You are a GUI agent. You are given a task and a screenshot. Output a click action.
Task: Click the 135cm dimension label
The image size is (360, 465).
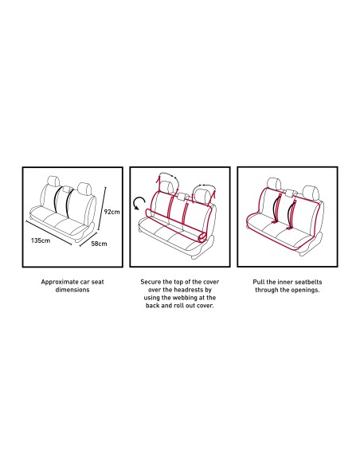[x=41, y=240]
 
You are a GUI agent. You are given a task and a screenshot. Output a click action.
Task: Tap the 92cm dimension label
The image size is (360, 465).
[x=112, y=212]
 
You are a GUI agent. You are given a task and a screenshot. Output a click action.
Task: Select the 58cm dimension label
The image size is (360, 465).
[x=99, y=244]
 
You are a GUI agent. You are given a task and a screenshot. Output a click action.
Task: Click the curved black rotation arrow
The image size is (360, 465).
[x=139, y=203]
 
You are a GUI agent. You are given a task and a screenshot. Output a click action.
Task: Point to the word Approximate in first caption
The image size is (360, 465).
[x=60, y=282]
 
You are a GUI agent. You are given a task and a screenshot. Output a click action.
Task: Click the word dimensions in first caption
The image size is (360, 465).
[x=72, y=290]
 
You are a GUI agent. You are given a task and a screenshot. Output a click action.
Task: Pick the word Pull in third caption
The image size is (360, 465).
[x=259, y=282]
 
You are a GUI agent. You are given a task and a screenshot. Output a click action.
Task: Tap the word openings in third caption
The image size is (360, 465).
[x=305, y=290]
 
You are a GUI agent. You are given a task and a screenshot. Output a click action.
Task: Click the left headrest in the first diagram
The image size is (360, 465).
[x=53, y=182]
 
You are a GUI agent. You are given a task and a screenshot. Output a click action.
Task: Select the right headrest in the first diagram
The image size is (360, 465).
[x=84, y=189]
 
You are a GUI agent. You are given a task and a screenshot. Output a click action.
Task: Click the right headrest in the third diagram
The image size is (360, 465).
[x=311, y=192]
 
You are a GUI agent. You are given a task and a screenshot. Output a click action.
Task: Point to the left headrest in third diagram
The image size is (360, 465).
[x=274, y=184]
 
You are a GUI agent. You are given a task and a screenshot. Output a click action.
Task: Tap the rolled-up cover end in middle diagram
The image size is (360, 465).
[x=203, y=237]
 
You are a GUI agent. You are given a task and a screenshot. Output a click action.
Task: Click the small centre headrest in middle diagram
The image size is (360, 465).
[x=182, y=197]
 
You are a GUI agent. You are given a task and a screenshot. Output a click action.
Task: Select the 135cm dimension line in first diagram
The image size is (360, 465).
[x=49, y=232]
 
